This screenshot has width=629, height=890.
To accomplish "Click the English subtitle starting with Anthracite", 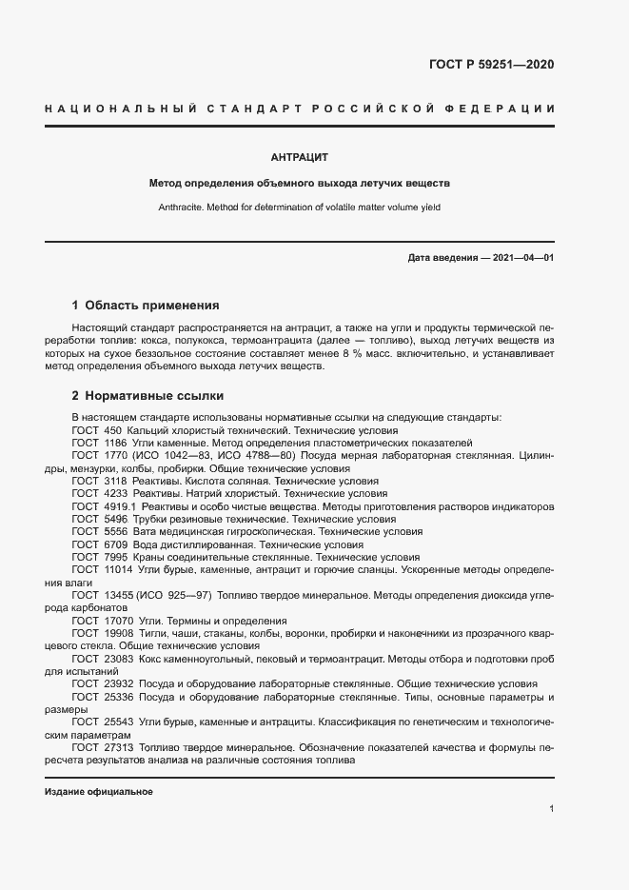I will click(x=300, y=207).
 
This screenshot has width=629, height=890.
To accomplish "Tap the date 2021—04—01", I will click(x=522, y=258).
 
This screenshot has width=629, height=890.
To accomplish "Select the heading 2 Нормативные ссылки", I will click(x=147, y=395).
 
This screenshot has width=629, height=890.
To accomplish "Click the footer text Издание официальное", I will click(x=99, y=792).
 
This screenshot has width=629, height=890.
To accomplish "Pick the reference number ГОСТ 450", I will click(x=95, y=430).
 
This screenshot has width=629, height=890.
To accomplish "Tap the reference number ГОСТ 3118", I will click(x=98, y=482).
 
